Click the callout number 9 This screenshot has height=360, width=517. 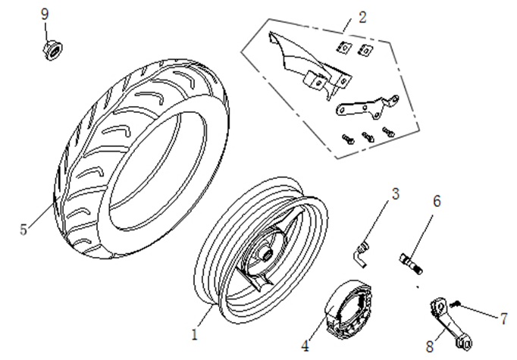[44, 14]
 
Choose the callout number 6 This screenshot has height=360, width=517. [437, 202]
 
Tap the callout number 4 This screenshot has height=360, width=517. [305, 346]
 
